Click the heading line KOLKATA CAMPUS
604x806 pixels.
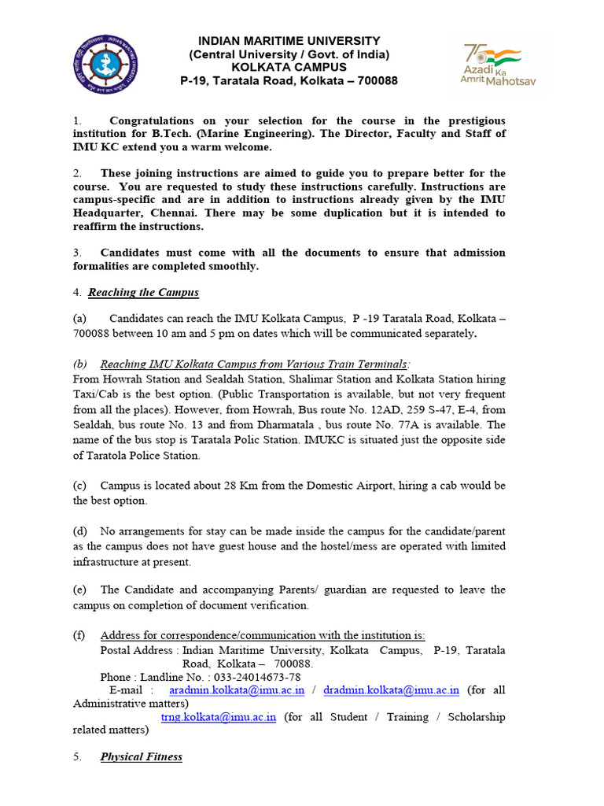click(x=289, y=67)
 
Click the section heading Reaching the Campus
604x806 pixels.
click(x=143, y=293)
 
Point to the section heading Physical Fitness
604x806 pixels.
click(x=141, y=756)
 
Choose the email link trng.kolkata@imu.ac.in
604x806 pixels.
click(x=218, y=717)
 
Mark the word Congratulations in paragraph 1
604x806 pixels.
click(x=152, y=120)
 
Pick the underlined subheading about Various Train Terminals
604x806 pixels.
click(x=254, y=364)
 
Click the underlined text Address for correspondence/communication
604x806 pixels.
click(x=262, y=635)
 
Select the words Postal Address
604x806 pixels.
click(x=137, y=649)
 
